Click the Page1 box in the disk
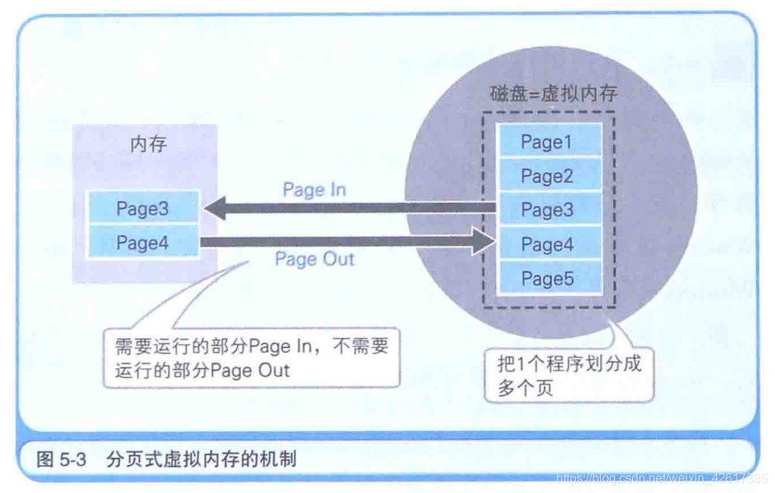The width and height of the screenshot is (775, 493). click(548, 142)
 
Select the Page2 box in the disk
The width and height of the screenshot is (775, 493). click(548, 176)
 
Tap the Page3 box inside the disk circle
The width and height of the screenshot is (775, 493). click(548, 210)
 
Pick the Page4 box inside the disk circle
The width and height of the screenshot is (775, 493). click(548, 245)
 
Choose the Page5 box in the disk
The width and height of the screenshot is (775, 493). click(548, 279)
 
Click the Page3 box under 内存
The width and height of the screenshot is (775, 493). click(143, 209)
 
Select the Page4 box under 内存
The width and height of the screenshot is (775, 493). click(143, 243)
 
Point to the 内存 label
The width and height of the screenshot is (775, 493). click(148, 144)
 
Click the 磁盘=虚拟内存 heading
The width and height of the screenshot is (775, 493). click(554, 93)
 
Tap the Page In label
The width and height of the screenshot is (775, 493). click(314, 190)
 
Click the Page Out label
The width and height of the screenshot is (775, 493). click(314, 260)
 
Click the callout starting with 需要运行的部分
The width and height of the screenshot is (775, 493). click(251, 357)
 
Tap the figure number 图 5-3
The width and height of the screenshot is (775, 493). click(60, 460)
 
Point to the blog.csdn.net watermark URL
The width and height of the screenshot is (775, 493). click(663, 478)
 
